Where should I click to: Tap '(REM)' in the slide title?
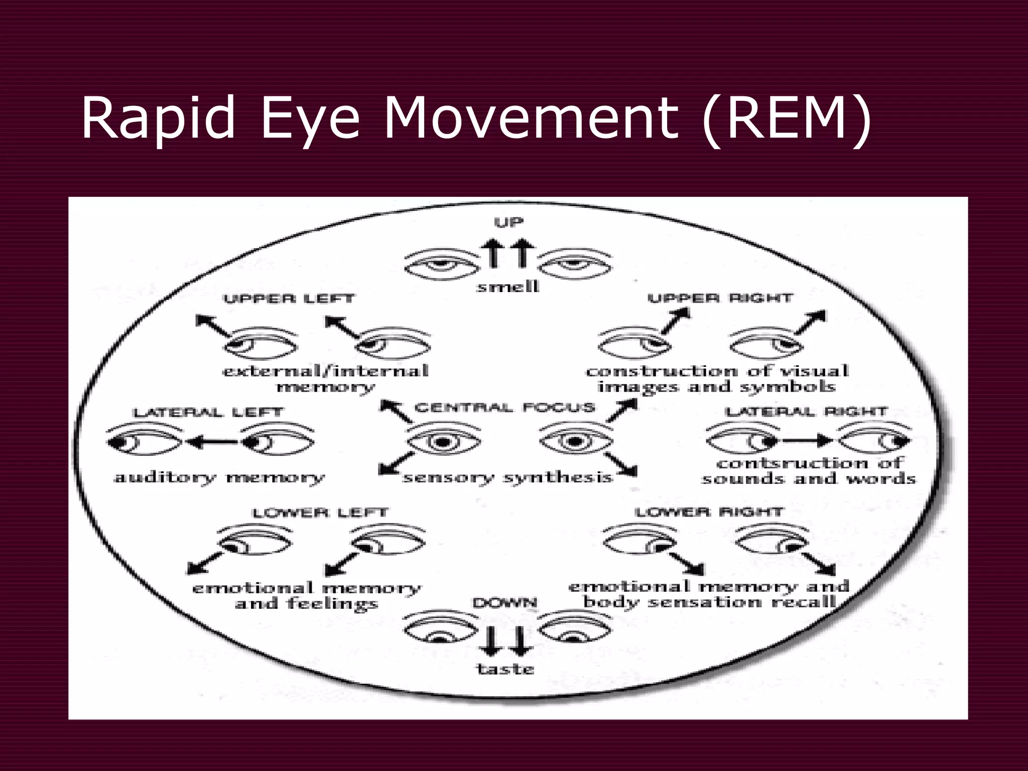coord(786,119)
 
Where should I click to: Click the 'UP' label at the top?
coord(508,222)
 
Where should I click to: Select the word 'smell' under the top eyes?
coord(507,287)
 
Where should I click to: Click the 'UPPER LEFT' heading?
coord(289,299)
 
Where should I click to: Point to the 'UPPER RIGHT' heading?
coord(720,298)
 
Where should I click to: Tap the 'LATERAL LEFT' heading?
coord(208,413)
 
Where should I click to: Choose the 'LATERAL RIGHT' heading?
coord(807,412)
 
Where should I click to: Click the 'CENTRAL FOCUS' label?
coord(504,407)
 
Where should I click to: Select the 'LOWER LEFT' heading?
coord(320,513)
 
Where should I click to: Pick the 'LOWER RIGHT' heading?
coord(708,512)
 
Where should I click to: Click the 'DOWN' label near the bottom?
coord(504,602)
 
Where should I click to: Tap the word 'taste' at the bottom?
coord(505,669)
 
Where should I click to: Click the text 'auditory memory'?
coord(219,477)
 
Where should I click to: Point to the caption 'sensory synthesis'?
coord(507,477)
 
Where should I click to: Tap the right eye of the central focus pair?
coord(576,441)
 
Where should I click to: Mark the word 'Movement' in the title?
coord(530,119)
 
